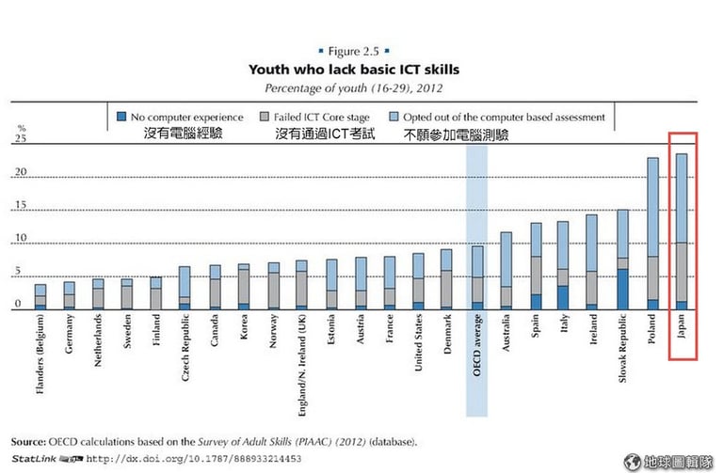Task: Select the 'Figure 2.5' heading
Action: (361, 49)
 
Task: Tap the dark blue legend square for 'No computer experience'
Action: (120, 117)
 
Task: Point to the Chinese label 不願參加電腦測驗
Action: (456, 134)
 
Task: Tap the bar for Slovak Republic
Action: (623, 260)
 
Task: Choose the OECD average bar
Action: (477, 277)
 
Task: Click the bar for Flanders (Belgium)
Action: (40, 296)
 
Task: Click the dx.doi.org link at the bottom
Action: (194, 459)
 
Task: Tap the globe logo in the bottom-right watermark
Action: (632, 461)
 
